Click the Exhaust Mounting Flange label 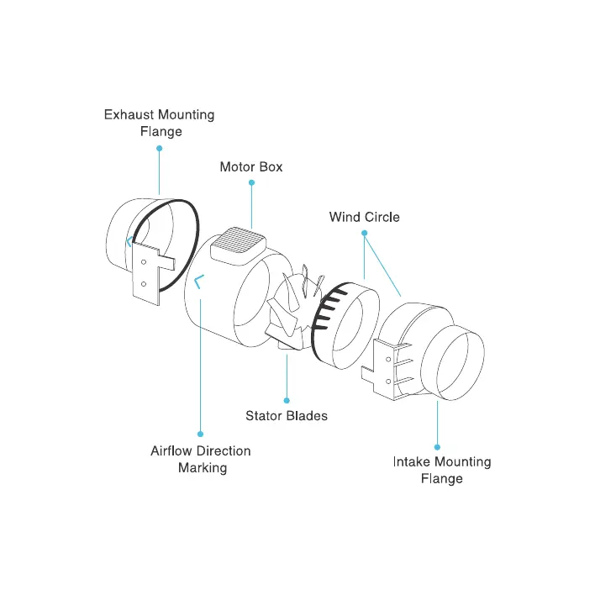click(159, 123)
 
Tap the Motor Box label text click(251, 166)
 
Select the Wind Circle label click(364, 217)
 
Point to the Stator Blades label click(287, 415)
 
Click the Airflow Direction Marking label click(201, 459)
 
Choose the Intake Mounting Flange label click(441, 470)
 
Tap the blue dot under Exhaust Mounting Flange click(159, 149)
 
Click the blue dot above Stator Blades click(287, 400)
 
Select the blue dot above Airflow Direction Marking click(200, 434)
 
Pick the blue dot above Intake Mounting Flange click(437, 446)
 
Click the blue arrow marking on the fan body click(198, 282)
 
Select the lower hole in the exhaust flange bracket click(144, 283)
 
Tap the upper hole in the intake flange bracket click(387, 360)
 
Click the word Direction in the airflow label click(224, 451)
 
